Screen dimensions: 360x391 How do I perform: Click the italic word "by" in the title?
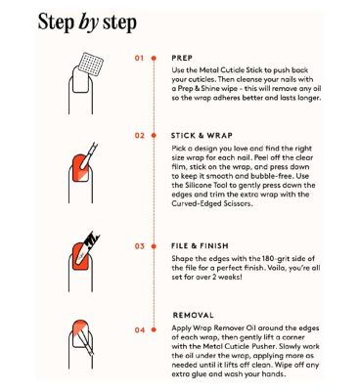click(88, 22)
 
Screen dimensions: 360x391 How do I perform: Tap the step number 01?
click(139, 59)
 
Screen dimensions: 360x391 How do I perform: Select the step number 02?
click(139, 135)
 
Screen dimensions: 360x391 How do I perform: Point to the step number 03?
click(139, 246)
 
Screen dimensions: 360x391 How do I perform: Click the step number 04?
click(139, 330)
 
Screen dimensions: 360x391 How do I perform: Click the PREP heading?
click(182, 58)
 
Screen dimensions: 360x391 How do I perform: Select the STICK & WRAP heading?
click(202, 135)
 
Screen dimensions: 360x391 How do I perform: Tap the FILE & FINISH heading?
click(200, 246)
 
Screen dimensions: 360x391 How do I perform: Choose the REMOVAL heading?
click(194, 315)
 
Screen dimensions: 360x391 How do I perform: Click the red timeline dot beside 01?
click(154, 59)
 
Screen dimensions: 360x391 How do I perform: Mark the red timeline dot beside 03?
click(154, 246)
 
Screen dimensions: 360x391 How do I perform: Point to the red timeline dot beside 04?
click(154, 330)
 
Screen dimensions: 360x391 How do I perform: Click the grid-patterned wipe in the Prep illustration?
click(92, 65)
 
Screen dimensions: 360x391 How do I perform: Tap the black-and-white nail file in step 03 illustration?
click(87, 246)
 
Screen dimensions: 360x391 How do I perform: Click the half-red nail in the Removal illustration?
click(80, 333)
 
